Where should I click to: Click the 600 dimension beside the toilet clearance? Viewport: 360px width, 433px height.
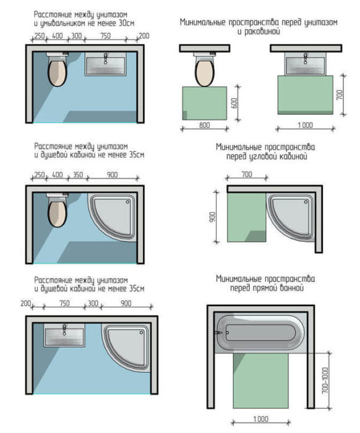pyautogui.click(x=234, y=103)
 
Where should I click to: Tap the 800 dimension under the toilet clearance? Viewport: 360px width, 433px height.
pyautogui.click(x=204, y=125)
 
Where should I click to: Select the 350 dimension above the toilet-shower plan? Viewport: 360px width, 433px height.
pyautogui.click(x=78, y=174)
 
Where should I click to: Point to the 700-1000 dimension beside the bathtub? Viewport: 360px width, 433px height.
pyautogui.click(x=325, y=380)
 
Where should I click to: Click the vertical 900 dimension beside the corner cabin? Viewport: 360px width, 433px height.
pyautogui.click(x=212, y=216)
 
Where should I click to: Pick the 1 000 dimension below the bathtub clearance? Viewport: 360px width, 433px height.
pyautogui.click(x=260, y=419)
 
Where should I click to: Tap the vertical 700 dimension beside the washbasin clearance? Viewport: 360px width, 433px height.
pyautogui.click(x=340, y=95)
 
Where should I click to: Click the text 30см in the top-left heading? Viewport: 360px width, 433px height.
pyautogui.click(x=126, y=24)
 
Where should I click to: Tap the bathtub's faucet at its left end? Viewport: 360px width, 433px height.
pyautogui.click(x=218, y=333)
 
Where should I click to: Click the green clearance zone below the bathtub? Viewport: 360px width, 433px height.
pyautogui.click(x=261, y=380)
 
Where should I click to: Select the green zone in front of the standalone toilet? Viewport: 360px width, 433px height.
pyautogui.click(x=205, y=103)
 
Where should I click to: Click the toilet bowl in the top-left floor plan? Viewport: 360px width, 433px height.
pyautogui.click(x=57, y=72)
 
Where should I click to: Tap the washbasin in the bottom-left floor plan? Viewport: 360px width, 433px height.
pyautogui.click(x=64, y=337)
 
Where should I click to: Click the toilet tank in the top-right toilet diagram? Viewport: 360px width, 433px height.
pyautogui.click(x=205, y=54)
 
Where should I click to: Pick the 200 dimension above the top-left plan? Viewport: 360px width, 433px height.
pyautogui.click(x=144, y=36)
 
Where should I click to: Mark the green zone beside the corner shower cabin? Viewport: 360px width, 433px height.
pyautogui.click(x=247, y=217)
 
